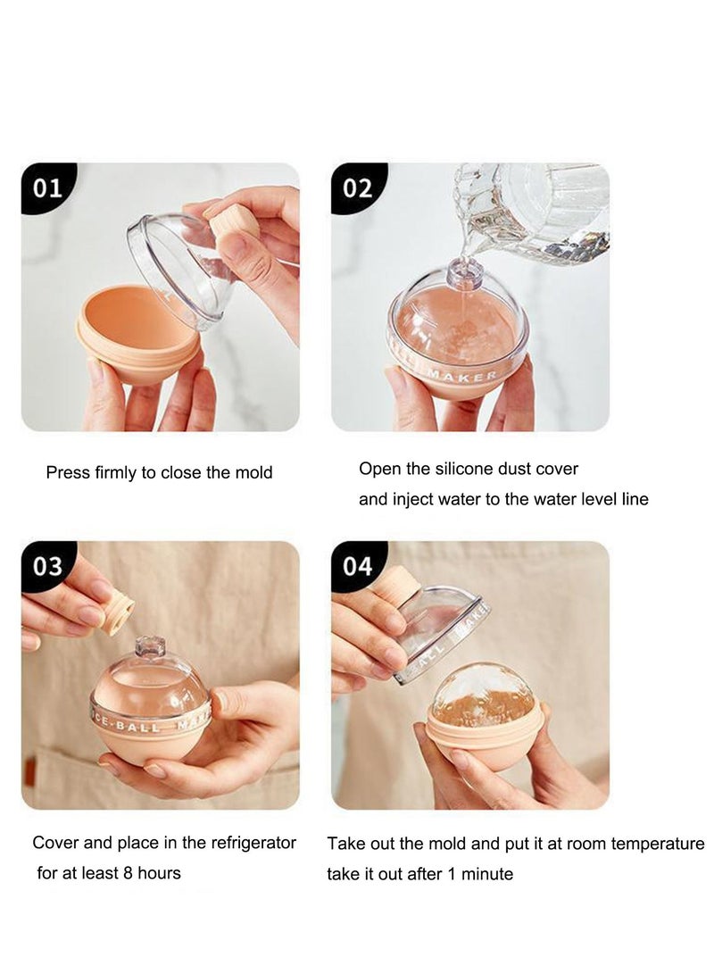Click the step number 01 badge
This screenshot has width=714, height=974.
47,187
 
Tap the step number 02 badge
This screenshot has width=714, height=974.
357,187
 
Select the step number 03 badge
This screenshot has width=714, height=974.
47,566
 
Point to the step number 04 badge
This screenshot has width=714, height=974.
357,566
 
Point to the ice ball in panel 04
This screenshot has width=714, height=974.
485,697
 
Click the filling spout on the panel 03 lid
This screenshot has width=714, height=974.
150,645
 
